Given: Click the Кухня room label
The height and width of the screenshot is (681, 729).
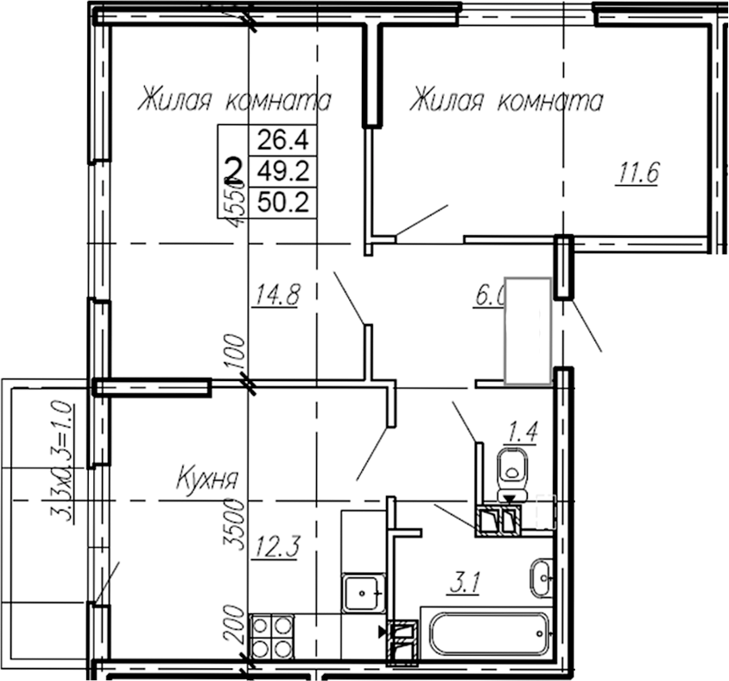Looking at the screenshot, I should [207, 477].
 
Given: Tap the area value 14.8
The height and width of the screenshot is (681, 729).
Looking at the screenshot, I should [276, 296].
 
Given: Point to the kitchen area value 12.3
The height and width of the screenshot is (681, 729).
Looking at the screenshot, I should [275, 545].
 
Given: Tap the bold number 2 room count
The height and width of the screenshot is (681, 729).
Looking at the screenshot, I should [232, 168].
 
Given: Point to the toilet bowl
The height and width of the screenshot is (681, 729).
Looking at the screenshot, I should [516, 468].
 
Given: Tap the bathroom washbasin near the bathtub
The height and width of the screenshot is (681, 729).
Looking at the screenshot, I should [542, 576].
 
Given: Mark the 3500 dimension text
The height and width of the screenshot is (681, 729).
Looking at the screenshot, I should [231, 523].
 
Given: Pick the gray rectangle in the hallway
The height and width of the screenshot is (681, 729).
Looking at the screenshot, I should [528, 329].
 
